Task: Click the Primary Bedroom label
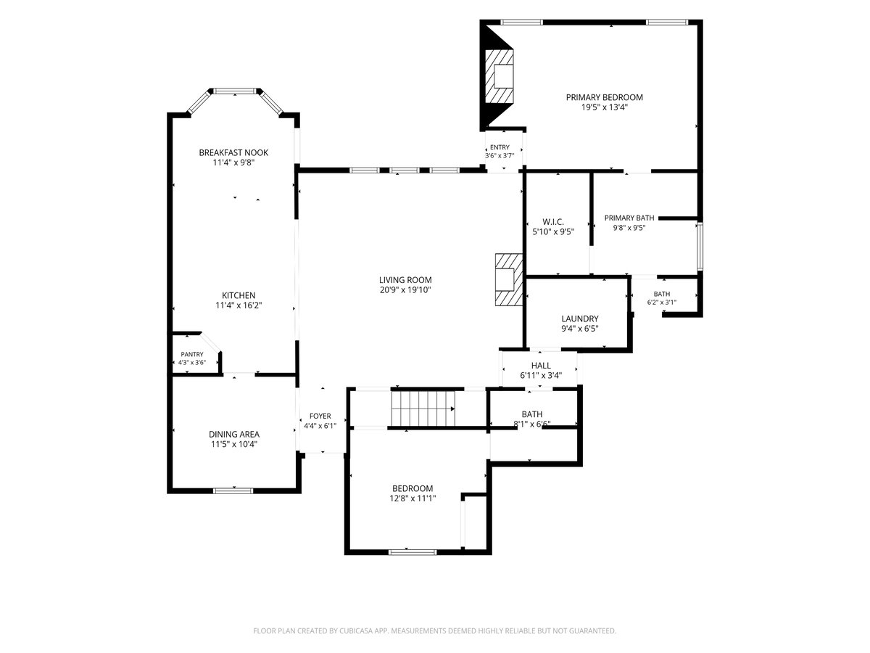click(x=604, y=97)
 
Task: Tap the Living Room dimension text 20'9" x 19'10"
click(x=405, y=289)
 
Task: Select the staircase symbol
click(x=423, y=408)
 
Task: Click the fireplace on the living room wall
click(x=508, y=280)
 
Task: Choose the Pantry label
click(x=192, y=354)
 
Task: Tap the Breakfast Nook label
click(x=233, y=152)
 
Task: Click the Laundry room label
click(x=580, y=319)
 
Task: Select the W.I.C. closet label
click(x=553, y=222)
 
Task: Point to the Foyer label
click(x=320, y=416)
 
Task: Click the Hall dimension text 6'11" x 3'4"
click(x=541, y=375)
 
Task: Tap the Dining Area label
click(x=234, y=434)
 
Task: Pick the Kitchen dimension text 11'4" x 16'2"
click(x=239, y=305)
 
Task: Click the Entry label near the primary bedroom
click(x=500, y=147)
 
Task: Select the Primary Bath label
click(x=629, y=218)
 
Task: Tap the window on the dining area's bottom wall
click(x=233, y=491)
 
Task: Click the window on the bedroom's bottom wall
click(x=413, y=552)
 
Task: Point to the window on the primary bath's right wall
click(x=700, y=246)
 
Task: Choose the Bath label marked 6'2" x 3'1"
click(x=662, y=294)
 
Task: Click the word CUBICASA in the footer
click(x=355, y=631)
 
